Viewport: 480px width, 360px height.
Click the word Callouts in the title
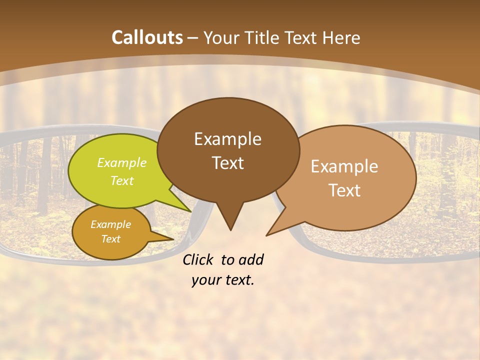147,37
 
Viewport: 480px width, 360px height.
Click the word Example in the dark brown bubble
227,139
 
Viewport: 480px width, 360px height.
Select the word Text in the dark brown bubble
227,163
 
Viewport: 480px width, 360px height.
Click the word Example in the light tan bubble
344,166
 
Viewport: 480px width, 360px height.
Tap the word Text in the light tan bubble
344,190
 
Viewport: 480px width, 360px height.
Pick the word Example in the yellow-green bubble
121,163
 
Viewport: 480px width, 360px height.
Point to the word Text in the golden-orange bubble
110,239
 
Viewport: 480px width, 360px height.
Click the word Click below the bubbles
198,259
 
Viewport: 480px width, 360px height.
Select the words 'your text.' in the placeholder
223,280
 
